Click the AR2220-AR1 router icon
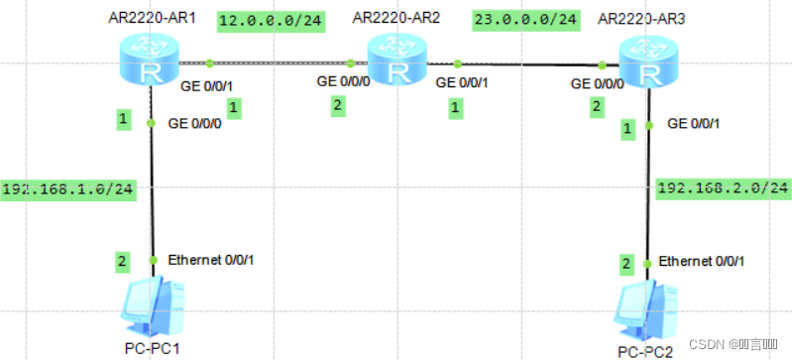point(149,61)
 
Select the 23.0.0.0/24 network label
point(526,19)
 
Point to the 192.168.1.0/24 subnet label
point(68,189)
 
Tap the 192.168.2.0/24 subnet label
point(723,186)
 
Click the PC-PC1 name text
point(152,347)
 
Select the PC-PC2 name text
point(645,351)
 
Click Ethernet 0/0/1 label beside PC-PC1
point(215,260)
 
